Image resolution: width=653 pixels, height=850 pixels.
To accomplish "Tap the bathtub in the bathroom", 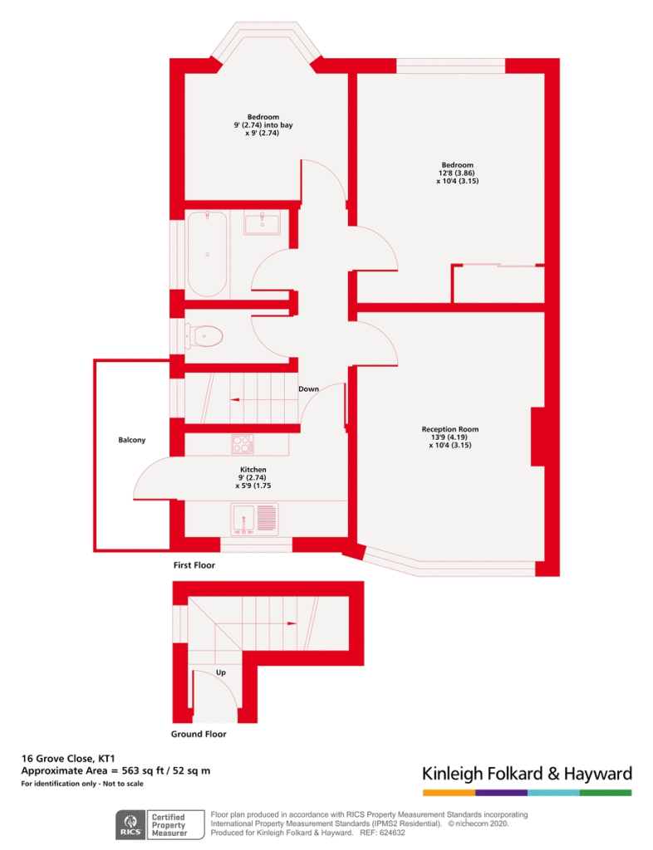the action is pos(207,254).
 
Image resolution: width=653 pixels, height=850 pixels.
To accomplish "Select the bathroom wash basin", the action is pos(262,222).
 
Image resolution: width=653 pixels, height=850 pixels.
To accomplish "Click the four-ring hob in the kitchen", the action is pos(243,444).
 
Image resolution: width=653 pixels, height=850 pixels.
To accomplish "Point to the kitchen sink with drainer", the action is pos(254,519).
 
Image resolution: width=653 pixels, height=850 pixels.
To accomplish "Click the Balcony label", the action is pos(132,440).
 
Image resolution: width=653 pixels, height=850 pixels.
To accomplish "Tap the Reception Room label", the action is pos(450,429).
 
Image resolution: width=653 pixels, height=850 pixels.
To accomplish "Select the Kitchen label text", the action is pos(253,470).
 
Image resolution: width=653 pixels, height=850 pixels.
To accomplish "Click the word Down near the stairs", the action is pos(308,388).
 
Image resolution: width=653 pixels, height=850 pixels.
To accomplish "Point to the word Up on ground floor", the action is pos(221,672).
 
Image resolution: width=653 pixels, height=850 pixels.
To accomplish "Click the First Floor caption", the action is pos(194,564).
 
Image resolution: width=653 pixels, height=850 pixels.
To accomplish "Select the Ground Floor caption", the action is pos(199,734).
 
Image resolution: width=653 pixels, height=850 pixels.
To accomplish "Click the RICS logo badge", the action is pos(130,825).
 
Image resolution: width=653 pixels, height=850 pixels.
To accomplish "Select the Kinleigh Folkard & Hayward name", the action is pos(528,774).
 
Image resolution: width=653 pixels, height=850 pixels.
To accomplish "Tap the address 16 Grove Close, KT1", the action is pos(68,759).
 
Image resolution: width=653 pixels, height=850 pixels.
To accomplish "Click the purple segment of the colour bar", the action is pos(501,793).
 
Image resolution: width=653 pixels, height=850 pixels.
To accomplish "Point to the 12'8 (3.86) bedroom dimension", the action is pos(457,173).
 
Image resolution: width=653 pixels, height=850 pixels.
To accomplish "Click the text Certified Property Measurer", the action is pos(169,825).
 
